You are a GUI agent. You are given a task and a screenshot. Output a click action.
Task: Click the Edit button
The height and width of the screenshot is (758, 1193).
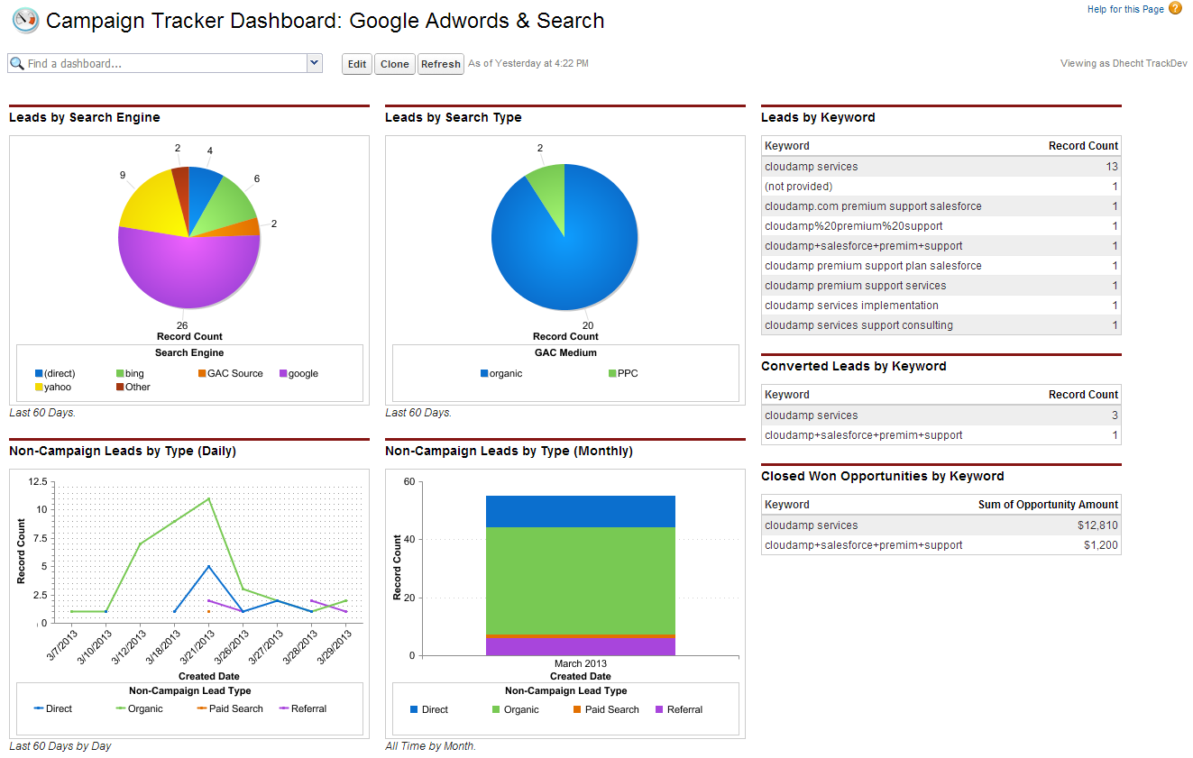pyautogui.click(x=357, y=64)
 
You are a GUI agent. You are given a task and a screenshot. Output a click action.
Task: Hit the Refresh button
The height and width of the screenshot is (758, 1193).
pyautogui.click(x=441, y=64)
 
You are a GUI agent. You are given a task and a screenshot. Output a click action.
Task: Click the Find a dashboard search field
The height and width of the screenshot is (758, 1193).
pyautogui.click(x=158, y=64)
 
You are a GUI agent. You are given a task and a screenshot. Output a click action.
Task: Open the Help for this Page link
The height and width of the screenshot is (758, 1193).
pyautogui.click(x=1125, y=9)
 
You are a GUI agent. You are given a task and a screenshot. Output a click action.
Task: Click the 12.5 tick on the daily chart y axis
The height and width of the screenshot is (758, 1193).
pyautogui.click(x=37, y=481)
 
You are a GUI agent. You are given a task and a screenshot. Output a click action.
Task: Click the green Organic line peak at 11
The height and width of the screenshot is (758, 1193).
pyautogui.click(x=209, y=498)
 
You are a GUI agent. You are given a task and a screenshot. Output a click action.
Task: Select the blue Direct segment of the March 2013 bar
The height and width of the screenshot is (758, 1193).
pyautogui.click(x=580, y=511)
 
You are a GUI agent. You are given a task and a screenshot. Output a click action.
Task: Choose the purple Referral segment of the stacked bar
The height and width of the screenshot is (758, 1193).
pyautogui.click(x=580, y=646)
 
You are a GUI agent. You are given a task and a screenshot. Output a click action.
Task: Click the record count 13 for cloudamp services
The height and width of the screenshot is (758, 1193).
pyautogui.click(x=1111, y=167)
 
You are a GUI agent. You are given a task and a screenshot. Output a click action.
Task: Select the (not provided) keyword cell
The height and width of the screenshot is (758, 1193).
pyautogui.click(x=798, y=187)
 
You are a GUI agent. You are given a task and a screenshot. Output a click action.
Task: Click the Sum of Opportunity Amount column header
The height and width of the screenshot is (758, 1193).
pyautogui.click(x=1047, y=505)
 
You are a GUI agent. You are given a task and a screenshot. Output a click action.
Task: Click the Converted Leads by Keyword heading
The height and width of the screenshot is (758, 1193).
pyautogui.click(x=853, y=367)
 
